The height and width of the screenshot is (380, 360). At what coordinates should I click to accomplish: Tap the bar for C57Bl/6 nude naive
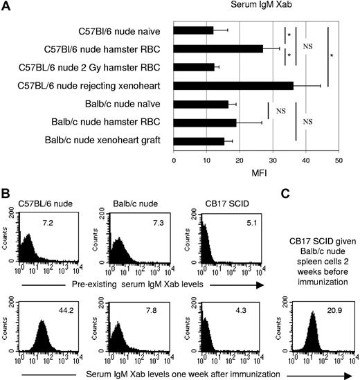coord(193,30)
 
